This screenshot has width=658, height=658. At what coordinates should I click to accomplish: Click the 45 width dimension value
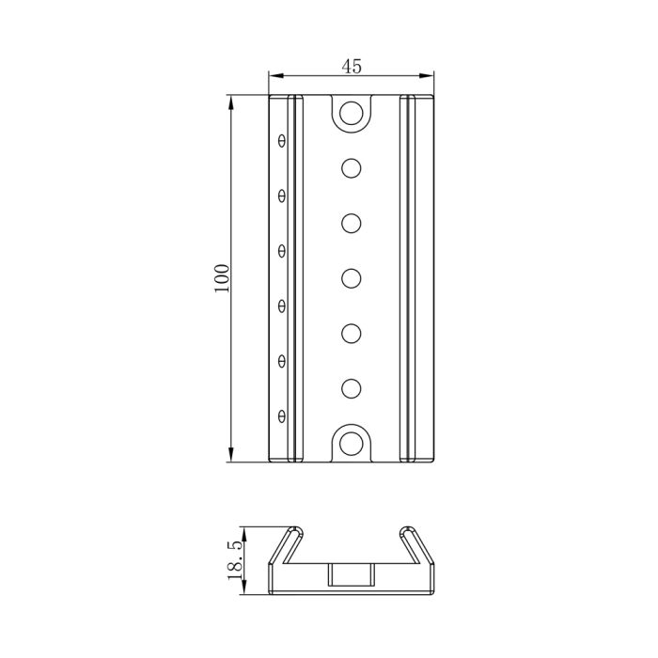352,67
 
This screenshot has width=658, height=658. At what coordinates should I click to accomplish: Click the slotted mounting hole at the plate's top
352,115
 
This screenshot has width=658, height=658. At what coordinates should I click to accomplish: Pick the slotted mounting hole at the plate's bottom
352,442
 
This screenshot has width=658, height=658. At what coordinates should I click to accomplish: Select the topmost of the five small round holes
352,168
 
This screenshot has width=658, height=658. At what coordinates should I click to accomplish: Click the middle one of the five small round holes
352,278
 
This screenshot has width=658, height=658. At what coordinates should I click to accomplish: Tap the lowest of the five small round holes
352,387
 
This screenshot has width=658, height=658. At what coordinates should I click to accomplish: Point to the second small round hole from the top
352,223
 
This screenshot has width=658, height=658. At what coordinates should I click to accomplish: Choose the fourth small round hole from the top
352,333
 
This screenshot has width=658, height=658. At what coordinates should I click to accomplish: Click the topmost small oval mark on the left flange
281,141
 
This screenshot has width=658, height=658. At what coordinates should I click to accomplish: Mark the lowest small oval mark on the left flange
281,415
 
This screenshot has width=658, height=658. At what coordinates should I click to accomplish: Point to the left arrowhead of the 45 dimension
274,76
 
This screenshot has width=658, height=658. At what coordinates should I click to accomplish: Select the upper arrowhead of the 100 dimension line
231,101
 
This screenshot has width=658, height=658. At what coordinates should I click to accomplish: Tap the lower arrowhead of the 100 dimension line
231,456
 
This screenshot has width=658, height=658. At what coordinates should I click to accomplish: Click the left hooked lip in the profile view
288,540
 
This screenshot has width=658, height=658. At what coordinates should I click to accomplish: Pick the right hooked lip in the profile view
415,540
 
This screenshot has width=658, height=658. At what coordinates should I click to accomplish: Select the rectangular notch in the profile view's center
352,575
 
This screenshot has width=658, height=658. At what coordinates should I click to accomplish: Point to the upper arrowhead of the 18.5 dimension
243,530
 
